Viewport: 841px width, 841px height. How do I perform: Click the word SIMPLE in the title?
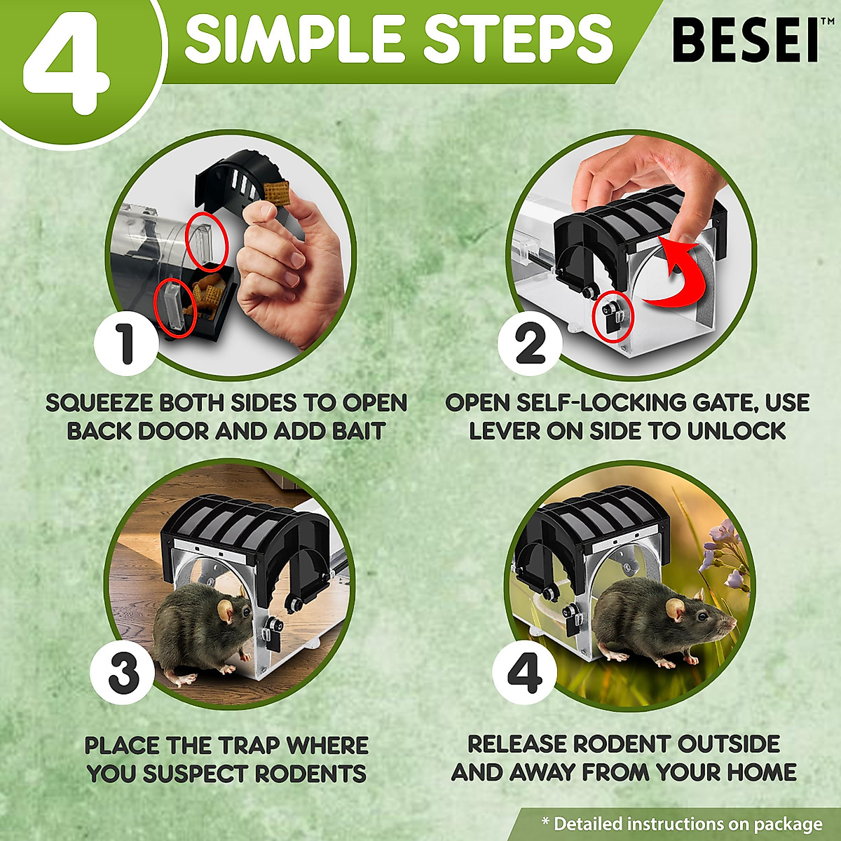(294, 39)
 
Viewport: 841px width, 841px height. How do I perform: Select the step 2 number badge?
(530, 343)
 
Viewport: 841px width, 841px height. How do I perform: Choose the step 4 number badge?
(524, 671)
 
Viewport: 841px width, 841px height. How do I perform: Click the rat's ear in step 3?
(226, 611)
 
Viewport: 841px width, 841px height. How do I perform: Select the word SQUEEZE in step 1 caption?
(99, 403)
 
